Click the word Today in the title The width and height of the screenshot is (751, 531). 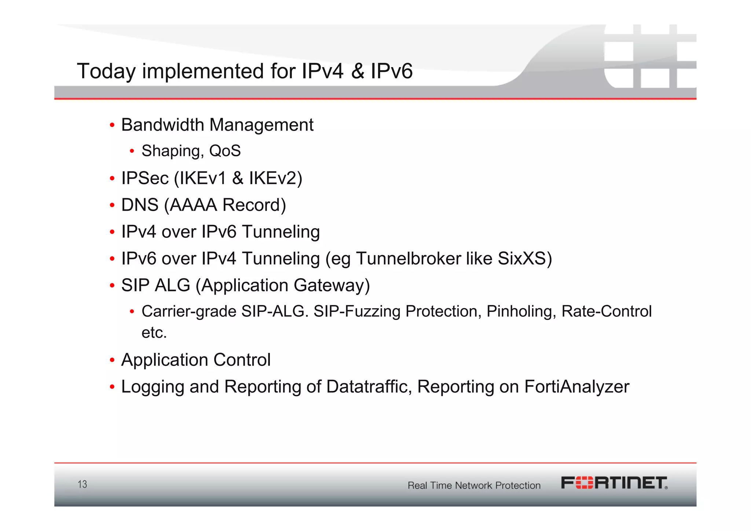(x=106, y=71)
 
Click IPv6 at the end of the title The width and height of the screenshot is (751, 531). (x=391, y=71)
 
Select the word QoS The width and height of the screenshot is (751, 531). (x=225, y=151)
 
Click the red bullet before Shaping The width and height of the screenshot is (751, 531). (x=132, y=151)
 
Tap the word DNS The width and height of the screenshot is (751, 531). (x=140, y=205)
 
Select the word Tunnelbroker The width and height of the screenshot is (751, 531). (x=409, y=259)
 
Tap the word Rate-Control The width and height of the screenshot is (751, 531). (x=607, y=312)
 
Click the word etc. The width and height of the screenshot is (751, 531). (x=154, y=333)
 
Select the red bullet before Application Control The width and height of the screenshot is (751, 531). (x=112, y=360)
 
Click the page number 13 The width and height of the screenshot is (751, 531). (x=83, y=484)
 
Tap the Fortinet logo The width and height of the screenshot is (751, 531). (x=614, y=483)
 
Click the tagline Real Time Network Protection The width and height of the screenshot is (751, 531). (x=474, y=485)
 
